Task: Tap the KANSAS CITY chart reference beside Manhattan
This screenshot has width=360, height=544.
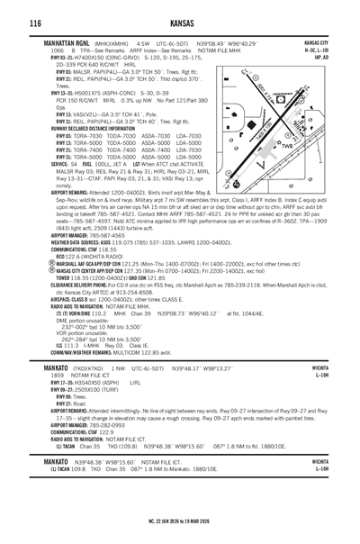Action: pos(316,41)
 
